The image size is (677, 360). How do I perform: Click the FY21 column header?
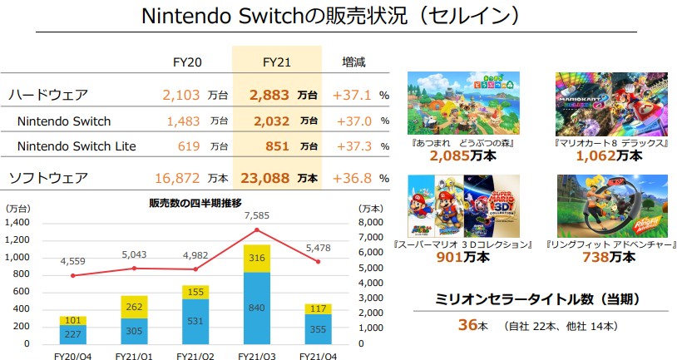[x=275, y=62]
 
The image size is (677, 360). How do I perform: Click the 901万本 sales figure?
[x=462, y=258]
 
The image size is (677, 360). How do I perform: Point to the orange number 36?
[x=467, y=325]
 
